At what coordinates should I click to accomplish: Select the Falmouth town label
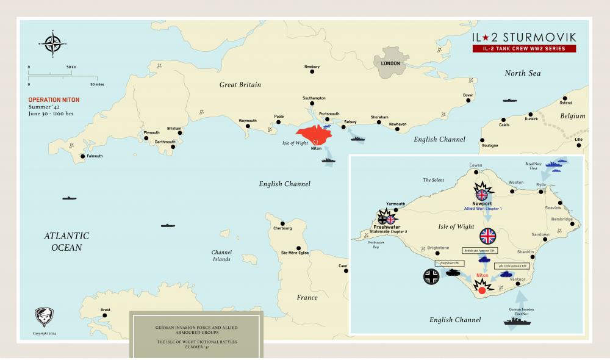click(94, 156)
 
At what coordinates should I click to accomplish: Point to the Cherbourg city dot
click(282, 223)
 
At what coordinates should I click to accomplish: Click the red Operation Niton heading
click(54, 99)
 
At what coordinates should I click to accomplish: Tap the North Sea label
click(522, 73)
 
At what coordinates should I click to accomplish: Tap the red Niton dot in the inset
click(482, 291)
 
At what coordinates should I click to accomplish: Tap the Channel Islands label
click(221, 255)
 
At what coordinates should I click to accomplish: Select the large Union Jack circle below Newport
click(488, 236)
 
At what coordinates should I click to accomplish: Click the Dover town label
click(468, 95)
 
